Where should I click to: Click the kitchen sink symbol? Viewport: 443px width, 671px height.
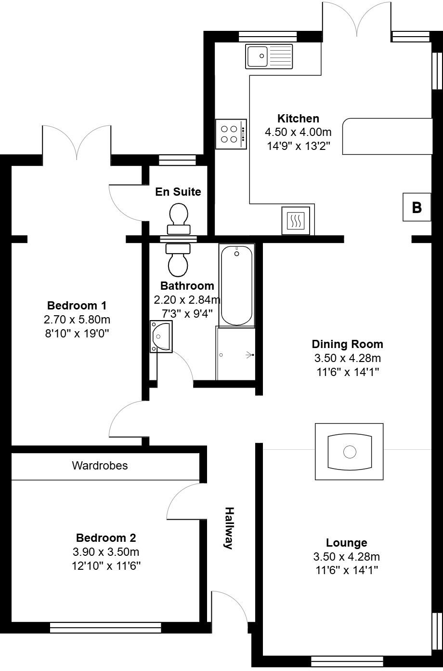point(269,56)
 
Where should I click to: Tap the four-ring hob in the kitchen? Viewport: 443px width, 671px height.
point(231,134)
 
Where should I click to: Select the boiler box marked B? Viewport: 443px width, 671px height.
point(417,207)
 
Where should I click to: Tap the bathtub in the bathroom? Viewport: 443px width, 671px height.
point(236,285)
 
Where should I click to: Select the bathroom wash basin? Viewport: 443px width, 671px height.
point(161,336)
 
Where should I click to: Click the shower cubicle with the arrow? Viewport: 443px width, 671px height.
point(235,354)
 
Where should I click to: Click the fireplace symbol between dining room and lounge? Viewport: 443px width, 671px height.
point(349,452)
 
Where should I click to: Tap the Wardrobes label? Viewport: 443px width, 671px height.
point(100,466)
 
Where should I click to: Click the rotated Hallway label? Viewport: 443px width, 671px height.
point(230,528)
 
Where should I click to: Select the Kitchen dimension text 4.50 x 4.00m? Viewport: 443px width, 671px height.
point(298,132)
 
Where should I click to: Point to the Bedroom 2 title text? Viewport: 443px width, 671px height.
point(106,537)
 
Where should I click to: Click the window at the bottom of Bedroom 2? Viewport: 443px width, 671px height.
point(105,627)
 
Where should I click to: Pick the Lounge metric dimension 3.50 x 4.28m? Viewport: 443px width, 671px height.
point(346,557)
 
